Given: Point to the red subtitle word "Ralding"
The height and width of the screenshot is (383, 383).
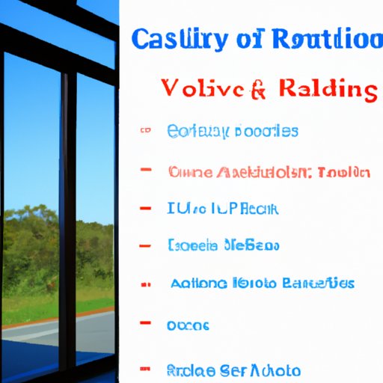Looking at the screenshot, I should coord(328,90).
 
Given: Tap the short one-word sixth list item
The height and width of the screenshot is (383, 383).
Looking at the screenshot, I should coord(189,325).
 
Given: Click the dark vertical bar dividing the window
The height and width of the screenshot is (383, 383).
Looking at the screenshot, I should coord(67,224).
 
